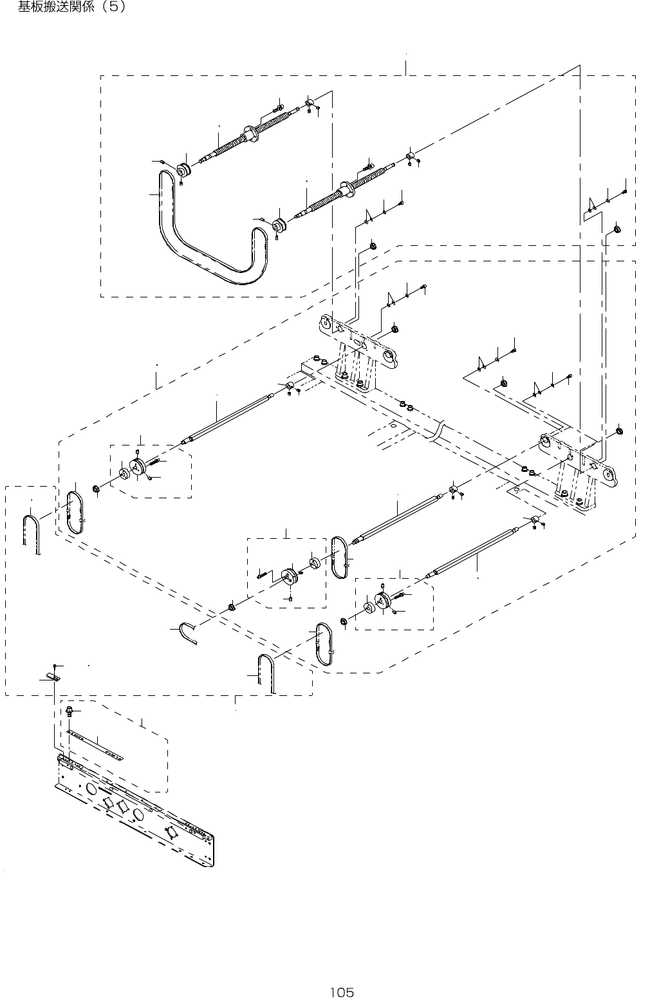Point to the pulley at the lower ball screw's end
pos(279,227)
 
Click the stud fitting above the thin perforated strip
pos(68,711)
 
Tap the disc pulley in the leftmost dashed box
pos(138,469)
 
